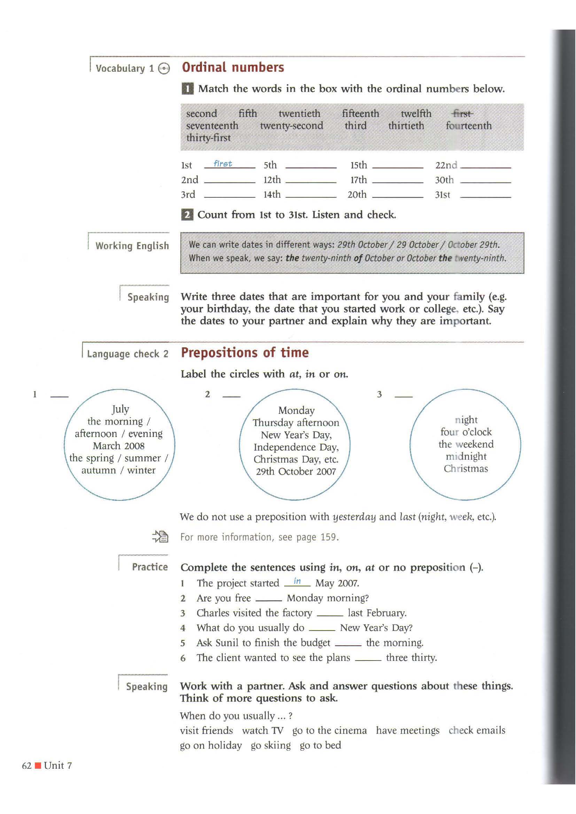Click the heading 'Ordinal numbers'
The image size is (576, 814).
[233, 68]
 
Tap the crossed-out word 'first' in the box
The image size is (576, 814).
[462, 114]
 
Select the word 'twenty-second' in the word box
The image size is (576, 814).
[291, 126]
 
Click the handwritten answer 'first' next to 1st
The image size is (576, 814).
[223, 164]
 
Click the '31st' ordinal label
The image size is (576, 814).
[442, 195]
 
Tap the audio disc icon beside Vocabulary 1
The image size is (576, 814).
[164, 69]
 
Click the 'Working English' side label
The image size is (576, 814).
[132, 246]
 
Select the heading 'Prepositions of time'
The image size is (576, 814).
[245, 353]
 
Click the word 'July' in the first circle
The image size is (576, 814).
[120, 409]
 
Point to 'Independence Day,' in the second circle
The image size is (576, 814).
[296, 448]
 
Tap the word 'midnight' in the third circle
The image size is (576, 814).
[466, 457]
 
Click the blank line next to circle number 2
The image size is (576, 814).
[231, 396]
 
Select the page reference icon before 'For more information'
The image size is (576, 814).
[160, 537]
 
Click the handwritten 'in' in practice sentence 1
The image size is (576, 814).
[297, 582]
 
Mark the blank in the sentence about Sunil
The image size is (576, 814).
[348, 645]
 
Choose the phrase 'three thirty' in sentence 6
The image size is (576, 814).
[411, 658]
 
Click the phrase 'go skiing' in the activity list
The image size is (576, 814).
[271, 745]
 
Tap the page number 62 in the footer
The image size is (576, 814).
[26, 766]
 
